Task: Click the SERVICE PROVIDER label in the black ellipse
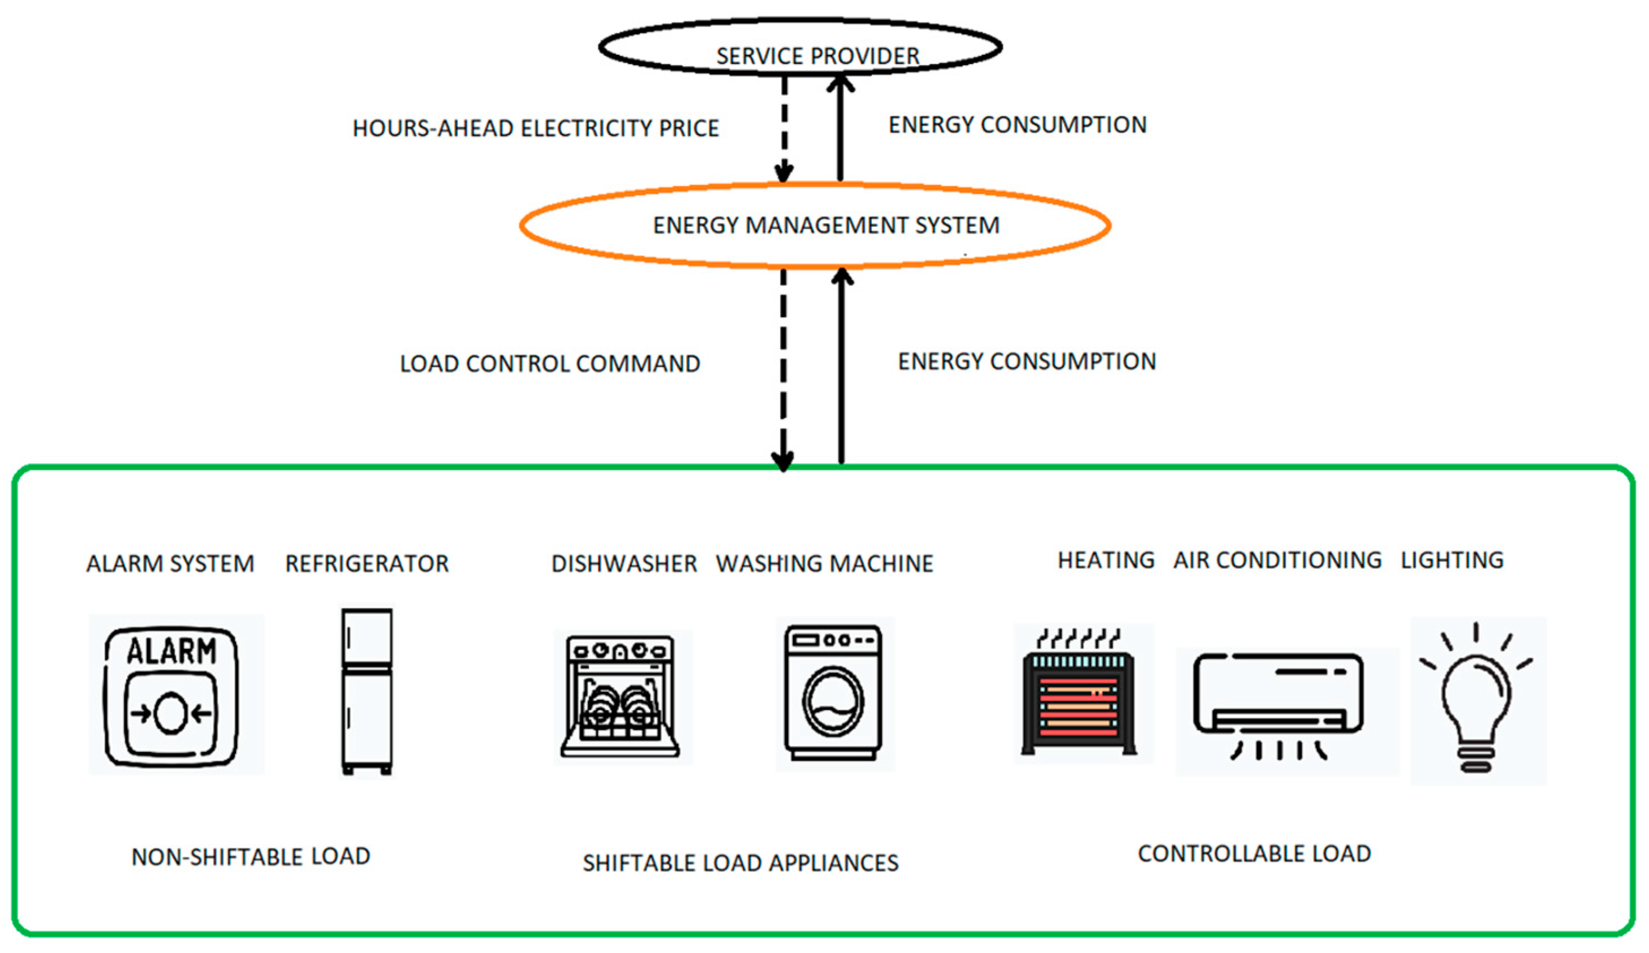[x=817, y=56]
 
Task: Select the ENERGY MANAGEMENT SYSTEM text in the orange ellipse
[x=826, y=225]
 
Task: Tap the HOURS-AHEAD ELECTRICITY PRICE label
[x=535, y=128]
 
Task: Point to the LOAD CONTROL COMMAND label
[x=550, y=364]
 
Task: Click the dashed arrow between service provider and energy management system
[x=784, y=128]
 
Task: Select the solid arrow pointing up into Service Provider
[x=840, y=128]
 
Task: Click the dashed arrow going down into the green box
[x=783, y=366]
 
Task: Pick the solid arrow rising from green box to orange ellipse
[x=842, y=366]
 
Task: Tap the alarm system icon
[x=171, y=697]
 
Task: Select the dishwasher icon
[x=621, y=697]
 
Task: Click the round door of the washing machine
[x=833, y=702]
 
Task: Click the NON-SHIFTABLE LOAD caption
[x=251, y=857]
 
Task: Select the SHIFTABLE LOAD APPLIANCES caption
[x=740, y=864]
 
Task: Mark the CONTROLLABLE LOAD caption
[x=1254, y=854]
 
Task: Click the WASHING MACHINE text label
[x=825, y=564]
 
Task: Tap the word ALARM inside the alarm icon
[x=171, y=652]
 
